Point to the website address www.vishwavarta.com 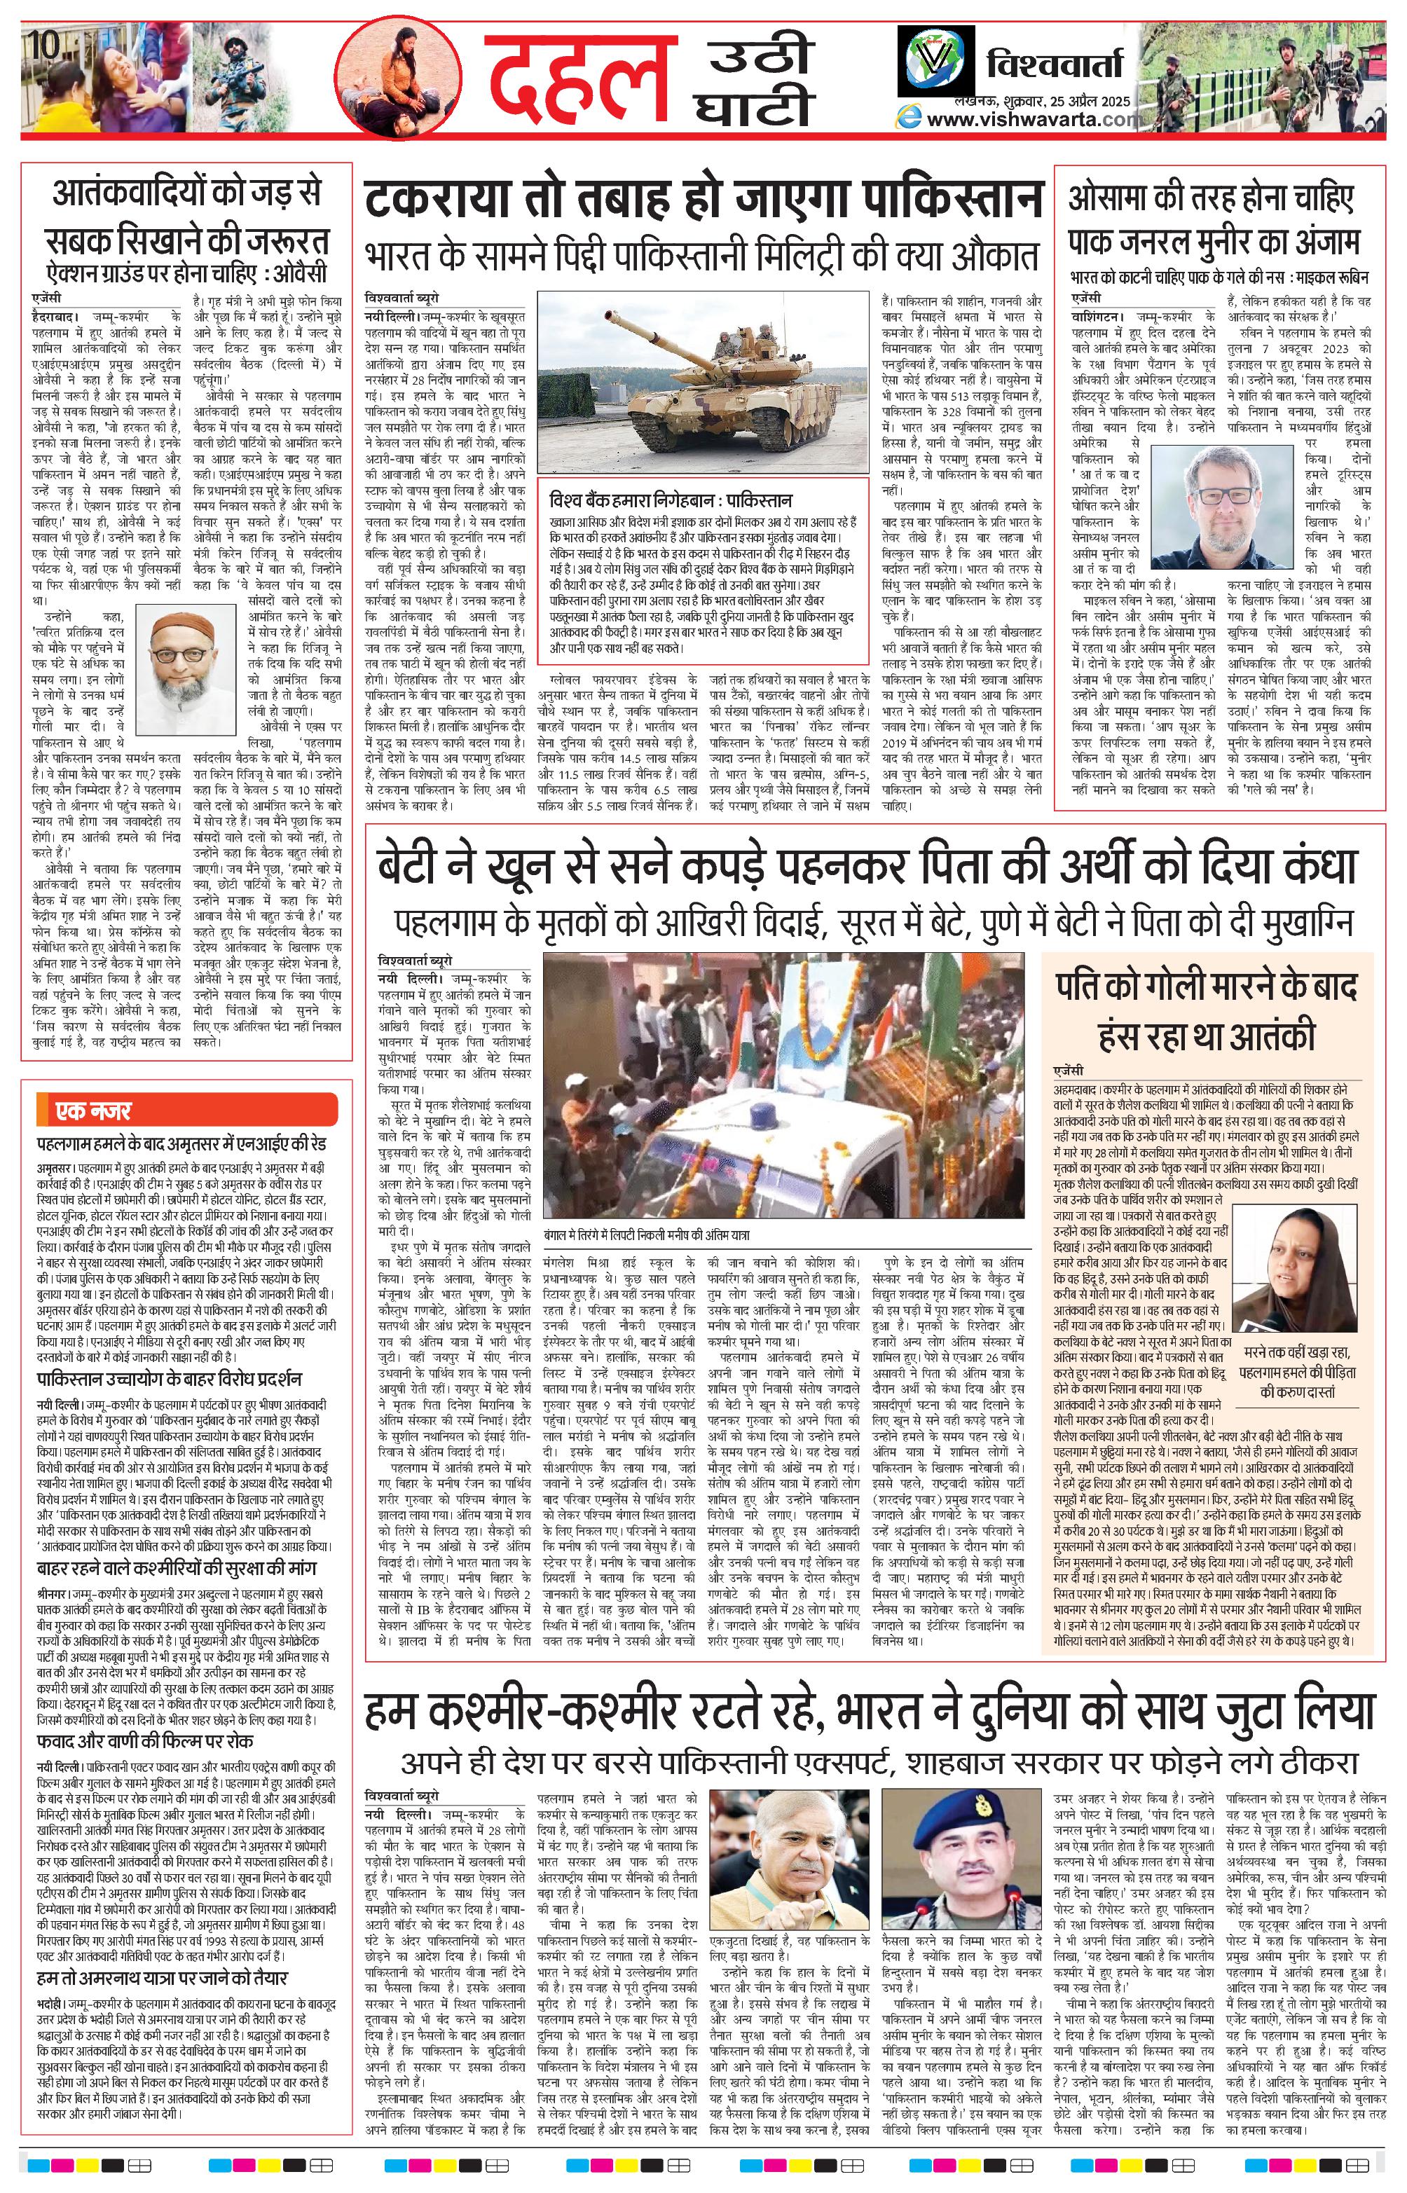pos(1032,120)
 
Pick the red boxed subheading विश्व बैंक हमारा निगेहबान pos(671,502)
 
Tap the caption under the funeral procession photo pos(646,1234)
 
